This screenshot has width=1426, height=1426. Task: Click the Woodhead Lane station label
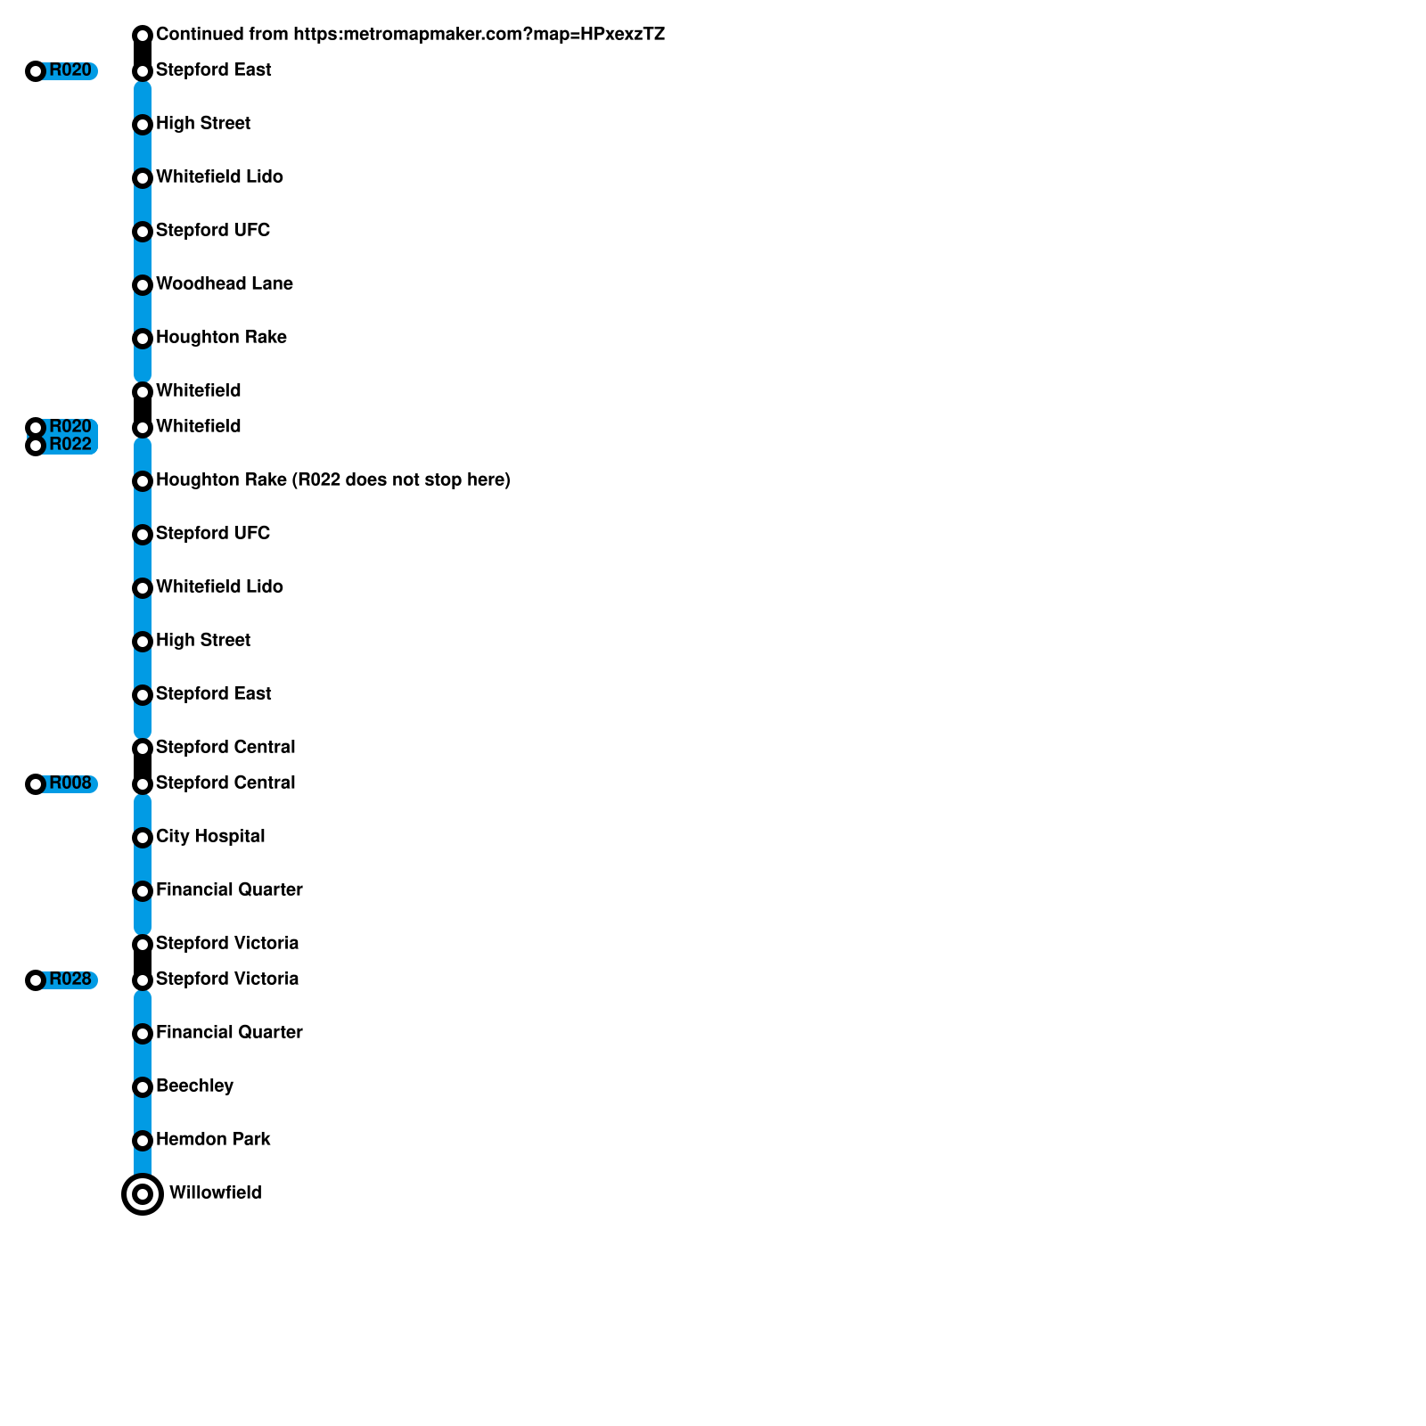point(224,284)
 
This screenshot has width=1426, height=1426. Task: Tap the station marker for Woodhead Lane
point(143,285)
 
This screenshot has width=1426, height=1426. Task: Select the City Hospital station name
point(210,837)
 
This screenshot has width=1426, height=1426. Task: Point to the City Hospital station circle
point(143,838)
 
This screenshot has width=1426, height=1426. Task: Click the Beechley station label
point(194,1086)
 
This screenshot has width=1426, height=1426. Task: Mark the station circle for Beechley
point(143,1087)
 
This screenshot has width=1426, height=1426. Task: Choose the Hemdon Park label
point(213,1140)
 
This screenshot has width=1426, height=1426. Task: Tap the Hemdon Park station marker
point(143,1141)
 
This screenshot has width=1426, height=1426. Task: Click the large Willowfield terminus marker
point(143,1194)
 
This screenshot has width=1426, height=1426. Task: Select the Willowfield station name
point(215,1193)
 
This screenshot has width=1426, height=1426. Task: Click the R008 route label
point(70,783)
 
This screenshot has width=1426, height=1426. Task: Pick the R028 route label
point(70,979)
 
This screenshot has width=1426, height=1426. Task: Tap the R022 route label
point(70,445)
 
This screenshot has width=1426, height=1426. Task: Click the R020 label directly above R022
point(70,427)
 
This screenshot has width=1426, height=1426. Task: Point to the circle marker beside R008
point(36,784)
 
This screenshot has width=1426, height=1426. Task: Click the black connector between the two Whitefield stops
point(143,410)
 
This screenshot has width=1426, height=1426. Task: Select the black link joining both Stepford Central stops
point(143,766)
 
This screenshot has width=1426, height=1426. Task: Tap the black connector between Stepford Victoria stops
point(143,963)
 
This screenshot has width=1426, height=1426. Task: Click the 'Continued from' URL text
point(410,35)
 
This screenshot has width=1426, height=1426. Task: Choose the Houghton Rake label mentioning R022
point(332,480)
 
